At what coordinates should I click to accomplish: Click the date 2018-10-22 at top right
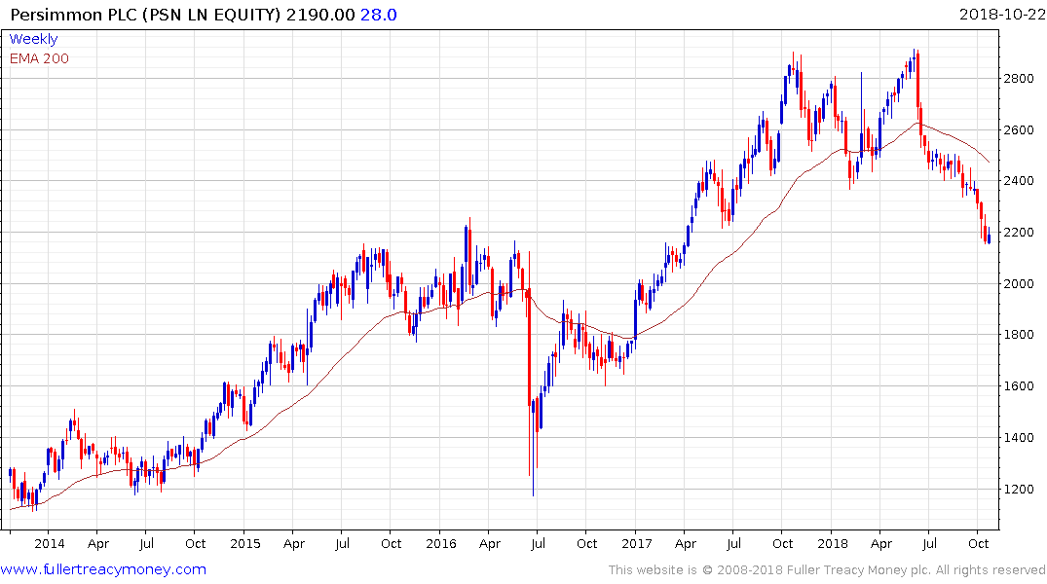1000,15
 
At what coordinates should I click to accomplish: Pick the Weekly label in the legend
33,39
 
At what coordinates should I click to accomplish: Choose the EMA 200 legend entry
39,58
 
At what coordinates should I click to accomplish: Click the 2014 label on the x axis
49,544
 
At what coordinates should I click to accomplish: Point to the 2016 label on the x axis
440,544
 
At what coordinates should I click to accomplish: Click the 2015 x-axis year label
244,544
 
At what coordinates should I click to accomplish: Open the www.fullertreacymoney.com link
103,569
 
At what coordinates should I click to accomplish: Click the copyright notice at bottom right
827,569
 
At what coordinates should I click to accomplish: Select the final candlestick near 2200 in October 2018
989,237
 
